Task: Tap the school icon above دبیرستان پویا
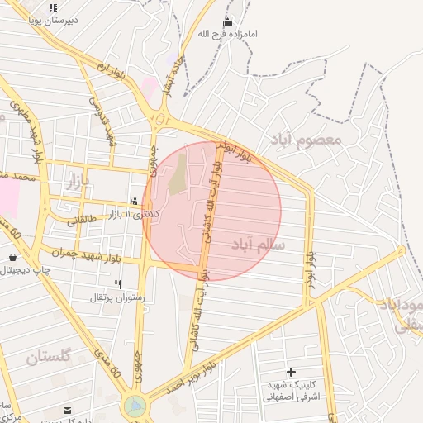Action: [x=53, y=7]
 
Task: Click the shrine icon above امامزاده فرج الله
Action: [x=228, y=21]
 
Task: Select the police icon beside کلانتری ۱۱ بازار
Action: [x=135, y=201]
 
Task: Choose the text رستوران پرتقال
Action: [x=119, y=297]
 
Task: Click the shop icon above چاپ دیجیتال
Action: [x=12, y=258]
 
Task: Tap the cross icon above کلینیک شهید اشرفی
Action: [x=290, y=373]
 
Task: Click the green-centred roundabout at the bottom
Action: [x=135, y=406]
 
